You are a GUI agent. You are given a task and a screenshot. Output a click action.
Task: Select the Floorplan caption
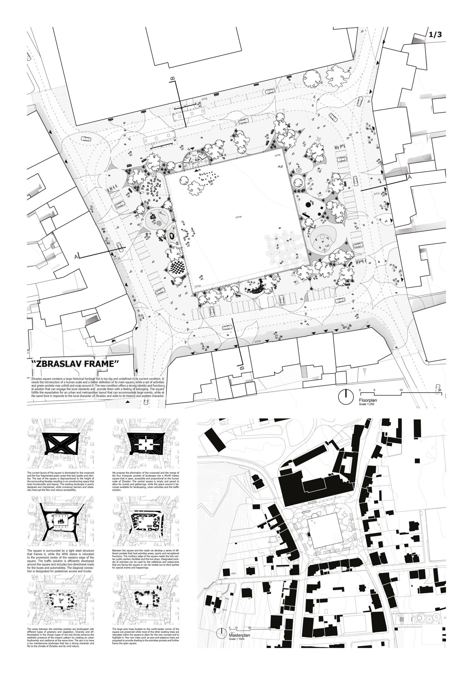368,400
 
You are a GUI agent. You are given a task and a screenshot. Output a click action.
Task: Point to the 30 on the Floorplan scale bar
439,390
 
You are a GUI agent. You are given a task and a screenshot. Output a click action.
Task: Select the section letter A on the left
76,257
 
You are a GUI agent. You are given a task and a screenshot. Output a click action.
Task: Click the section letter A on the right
409,177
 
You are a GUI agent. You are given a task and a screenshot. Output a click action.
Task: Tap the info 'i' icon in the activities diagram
143,518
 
